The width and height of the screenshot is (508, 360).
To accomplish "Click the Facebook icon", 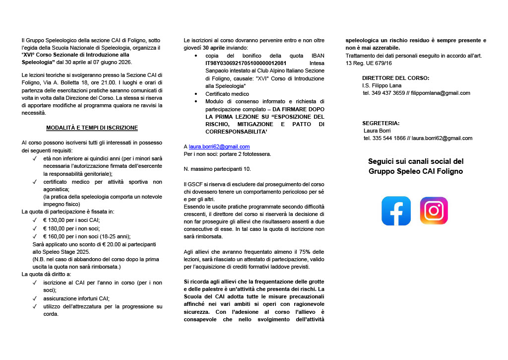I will pyautogui.click(x=396, y=211).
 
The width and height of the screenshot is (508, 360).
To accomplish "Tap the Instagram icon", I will pyautogui.click(x=434, y=211).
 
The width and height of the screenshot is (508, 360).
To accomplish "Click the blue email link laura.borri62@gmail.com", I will pyautogui.click(x=219, y=147).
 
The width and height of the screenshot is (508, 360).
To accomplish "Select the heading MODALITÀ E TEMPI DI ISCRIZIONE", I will pyautogui.click(x=92, y=128).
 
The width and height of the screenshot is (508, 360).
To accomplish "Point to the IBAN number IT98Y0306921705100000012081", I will pyautogui.click(x=246, y=64).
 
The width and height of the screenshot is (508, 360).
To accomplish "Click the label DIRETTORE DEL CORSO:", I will pyautogui.click(x=395, y=78).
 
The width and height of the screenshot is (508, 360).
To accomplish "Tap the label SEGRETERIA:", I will pyautogui.click(x=381, y=123).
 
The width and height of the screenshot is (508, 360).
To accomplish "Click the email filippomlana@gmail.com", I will pyautogui.click(x=441, y=93).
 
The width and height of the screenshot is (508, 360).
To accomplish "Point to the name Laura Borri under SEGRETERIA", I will pyautogui.click(x=377, y=131).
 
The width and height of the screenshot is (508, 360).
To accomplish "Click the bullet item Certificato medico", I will pyautogui.click(x=227, y=93).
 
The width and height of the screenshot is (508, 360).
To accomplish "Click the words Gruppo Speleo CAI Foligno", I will pyautogui.click(x=416, y=171).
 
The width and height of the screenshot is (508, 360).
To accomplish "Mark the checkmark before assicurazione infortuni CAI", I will pyautogui.click(x=35, y=298).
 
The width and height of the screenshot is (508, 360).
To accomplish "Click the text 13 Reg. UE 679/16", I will pyautogui.click(x=369, y=63).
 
